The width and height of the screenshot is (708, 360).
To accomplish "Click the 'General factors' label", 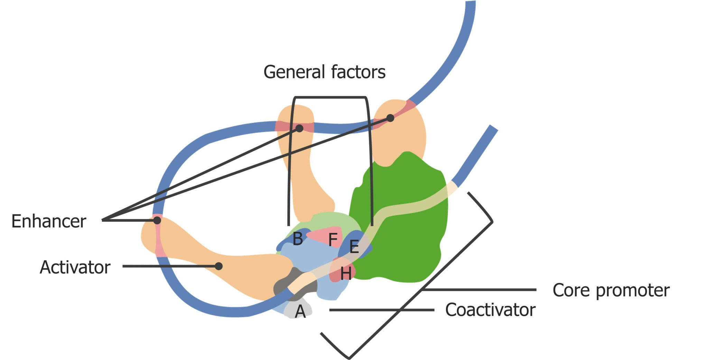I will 324,72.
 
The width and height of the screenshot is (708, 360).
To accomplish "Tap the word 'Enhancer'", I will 49,221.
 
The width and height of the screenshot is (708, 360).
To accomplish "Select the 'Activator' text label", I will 75,267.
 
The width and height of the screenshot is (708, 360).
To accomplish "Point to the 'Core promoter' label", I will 611,290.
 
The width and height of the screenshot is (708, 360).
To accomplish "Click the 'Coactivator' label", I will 490,310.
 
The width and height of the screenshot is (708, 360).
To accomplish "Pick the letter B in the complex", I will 298,239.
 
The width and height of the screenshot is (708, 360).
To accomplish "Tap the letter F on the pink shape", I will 333,240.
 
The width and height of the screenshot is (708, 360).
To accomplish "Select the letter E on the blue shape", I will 354,247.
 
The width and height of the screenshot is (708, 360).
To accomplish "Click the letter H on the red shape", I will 346,274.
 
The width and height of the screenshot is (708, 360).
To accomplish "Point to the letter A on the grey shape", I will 300,312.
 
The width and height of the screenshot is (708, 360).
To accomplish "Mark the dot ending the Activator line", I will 218,266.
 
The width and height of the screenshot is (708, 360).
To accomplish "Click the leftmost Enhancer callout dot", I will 157,220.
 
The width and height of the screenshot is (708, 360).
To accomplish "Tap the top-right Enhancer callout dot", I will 390,118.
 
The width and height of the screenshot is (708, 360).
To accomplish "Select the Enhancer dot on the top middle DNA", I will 299,128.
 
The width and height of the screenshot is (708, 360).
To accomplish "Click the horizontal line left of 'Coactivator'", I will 380,310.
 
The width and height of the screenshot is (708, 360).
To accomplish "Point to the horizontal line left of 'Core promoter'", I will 481,290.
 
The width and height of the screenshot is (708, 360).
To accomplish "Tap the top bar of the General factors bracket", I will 330,98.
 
